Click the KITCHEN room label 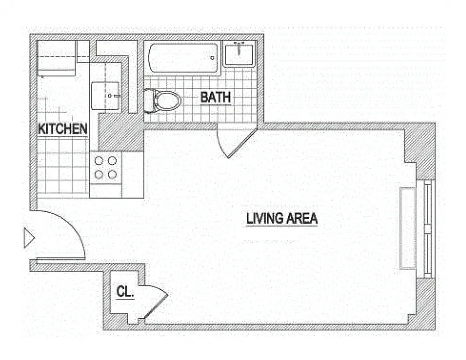(x=63, y=129)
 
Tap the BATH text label (x=215, y=97)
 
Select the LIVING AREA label (x=282, y=219)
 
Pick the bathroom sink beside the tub (x=239, y=53)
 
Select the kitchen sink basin (x=106, y=95)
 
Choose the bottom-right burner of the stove (x=112, y=174)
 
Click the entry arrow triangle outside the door (x=28, y=238)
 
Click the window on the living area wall (x=428, y=229)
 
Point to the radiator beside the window (x=408, y=228)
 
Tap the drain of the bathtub (x=212, y=58)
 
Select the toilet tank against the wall (x=149, y=100)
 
